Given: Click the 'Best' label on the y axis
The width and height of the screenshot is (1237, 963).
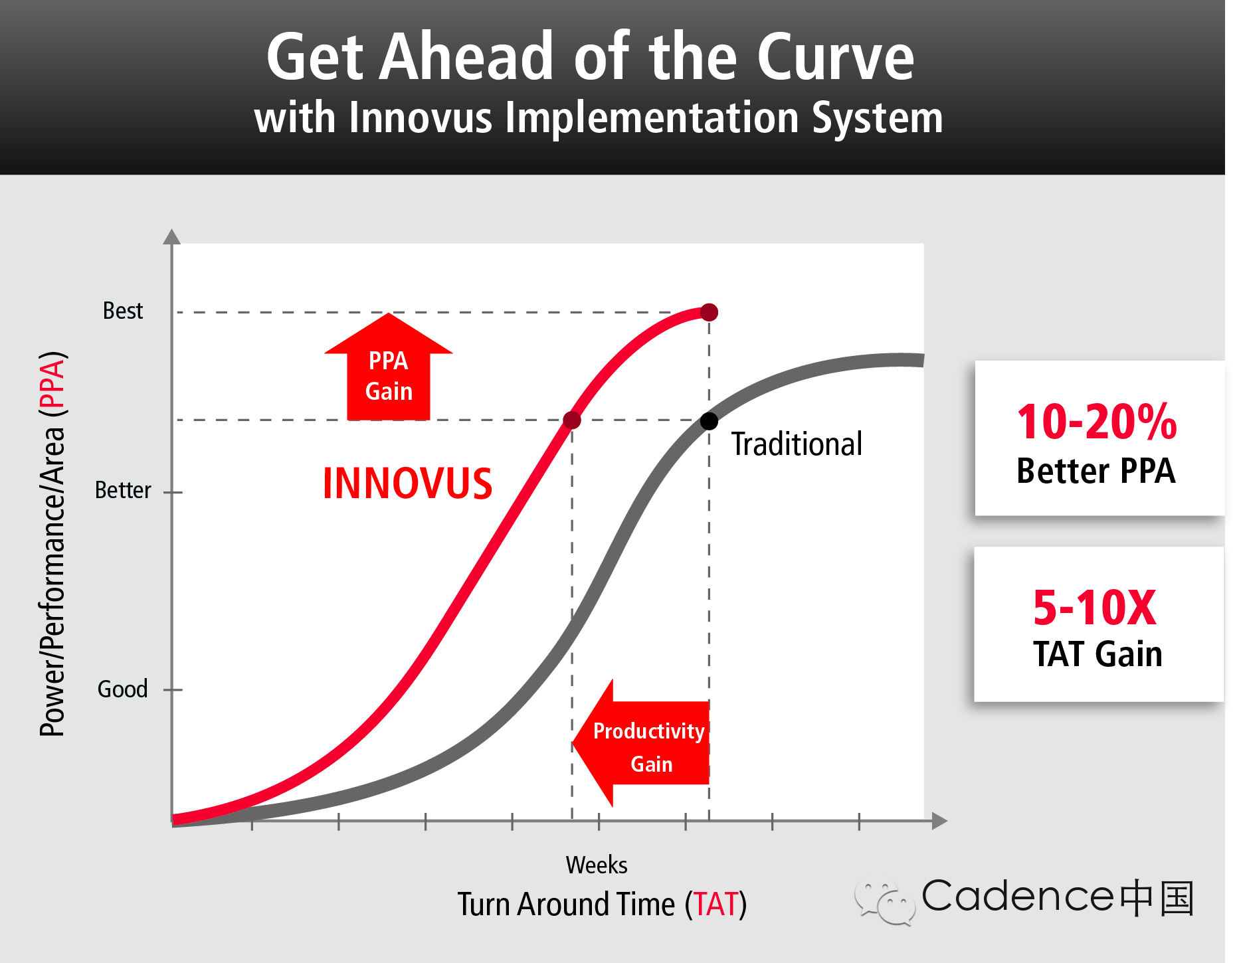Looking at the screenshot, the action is point(123,311).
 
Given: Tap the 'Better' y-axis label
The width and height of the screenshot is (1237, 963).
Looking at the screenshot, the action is point(123,490).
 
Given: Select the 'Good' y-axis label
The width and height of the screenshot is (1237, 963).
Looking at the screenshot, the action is point(123,689).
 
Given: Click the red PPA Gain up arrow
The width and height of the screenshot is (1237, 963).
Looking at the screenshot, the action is point(389,367).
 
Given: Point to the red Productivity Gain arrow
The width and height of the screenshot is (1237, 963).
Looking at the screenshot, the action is point(641,743).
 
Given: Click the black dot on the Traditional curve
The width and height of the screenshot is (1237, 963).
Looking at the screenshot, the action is point(710,421).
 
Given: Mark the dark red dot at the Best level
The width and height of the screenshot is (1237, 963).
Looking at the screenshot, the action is point(710,312).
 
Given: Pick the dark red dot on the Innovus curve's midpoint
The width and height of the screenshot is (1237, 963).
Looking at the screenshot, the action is point(572,420).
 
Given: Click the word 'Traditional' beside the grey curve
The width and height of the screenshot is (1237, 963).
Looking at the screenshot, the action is point(797,444).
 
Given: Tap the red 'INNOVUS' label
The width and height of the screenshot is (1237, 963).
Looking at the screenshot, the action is point(407,483).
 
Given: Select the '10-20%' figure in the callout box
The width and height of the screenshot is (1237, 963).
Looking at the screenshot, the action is point(1097,422).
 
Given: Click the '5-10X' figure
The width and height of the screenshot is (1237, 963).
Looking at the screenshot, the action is point(1095,608).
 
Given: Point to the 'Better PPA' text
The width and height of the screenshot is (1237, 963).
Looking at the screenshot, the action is point(1096,471).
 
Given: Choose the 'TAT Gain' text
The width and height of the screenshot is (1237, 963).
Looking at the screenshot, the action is point(1097,654).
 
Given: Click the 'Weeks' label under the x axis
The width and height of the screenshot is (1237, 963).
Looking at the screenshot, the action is point(597,865).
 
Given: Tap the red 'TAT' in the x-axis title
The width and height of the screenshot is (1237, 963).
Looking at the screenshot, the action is point(716,905).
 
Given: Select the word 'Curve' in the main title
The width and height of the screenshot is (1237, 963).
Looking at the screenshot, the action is point(836,57).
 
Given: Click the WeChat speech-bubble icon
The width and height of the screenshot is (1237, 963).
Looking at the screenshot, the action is point(886,901).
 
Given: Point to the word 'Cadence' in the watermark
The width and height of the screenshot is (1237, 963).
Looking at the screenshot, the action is point(1018,896).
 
